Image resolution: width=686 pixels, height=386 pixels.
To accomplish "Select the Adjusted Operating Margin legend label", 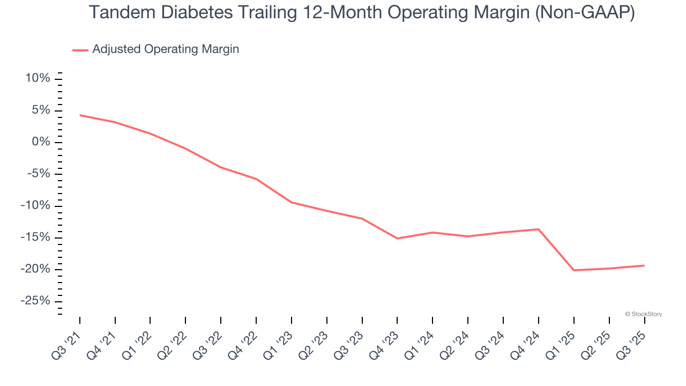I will point(166,49).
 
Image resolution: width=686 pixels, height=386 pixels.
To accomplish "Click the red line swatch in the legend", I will point(80,50).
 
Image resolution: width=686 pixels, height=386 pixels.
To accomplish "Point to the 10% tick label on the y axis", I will point(38,79).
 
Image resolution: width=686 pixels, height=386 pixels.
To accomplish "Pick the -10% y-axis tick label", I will point(35,206).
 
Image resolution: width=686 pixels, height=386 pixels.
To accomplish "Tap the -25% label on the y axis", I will point(35,301).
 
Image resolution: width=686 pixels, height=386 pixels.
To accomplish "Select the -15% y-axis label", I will point(35,237).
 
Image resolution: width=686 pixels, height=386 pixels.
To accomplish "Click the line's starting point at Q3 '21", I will point(80,115).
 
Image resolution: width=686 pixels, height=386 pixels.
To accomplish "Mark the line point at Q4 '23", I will point(397,238).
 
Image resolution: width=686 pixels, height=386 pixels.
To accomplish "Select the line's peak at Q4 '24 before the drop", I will point(539,229).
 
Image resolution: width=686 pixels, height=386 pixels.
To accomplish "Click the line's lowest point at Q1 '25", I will point(574,270).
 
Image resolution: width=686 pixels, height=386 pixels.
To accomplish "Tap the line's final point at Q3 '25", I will point(644,265).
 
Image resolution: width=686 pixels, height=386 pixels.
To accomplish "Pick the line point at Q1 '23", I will point(292,202).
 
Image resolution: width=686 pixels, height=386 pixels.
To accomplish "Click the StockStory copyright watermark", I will point(643,314).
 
